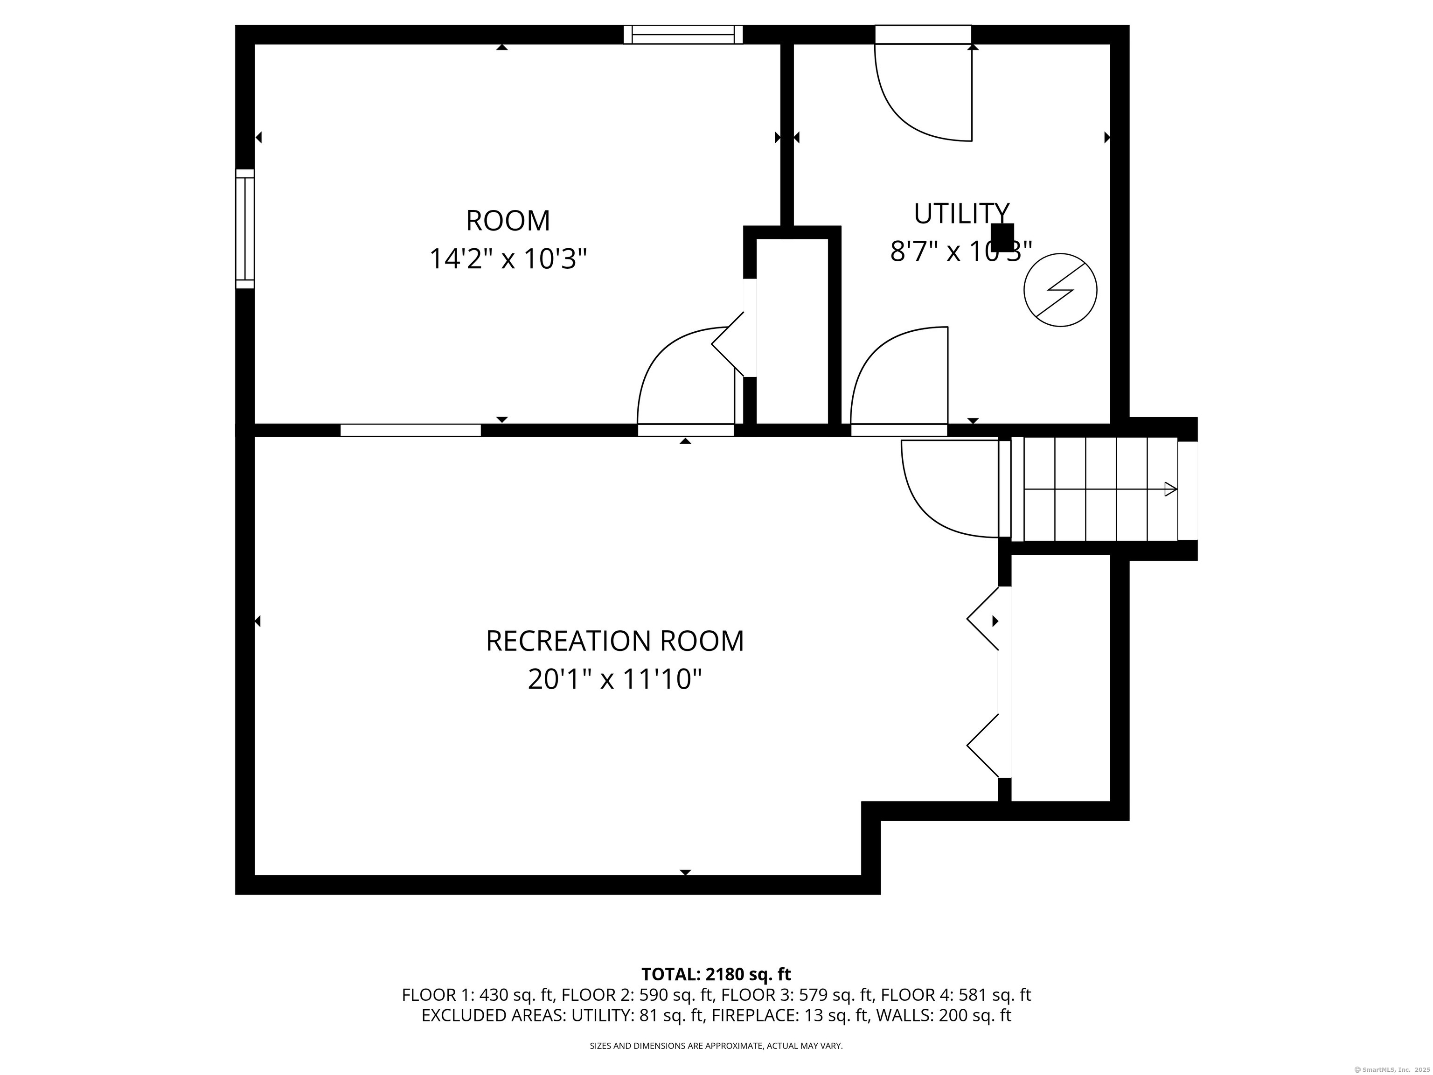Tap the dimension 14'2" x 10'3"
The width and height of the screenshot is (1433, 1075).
[x=508, y=259]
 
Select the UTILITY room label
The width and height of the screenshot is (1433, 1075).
[x=961, y=213]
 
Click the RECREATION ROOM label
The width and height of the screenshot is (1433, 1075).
[x=615, y=641]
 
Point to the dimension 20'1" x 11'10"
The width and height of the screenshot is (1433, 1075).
[x=615, y=680]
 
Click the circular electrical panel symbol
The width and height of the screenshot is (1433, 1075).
[x=1060, y=290]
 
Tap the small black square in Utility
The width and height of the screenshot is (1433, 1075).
[x=1003, y=237]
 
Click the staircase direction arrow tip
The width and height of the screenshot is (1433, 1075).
[x=1176, y=489]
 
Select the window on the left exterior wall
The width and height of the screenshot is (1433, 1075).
[x=245, y=228]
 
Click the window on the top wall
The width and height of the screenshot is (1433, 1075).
[x=683, y=35]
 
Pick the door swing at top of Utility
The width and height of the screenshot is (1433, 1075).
[x=923, y=91]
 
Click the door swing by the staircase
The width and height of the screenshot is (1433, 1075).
[x=950, y=489]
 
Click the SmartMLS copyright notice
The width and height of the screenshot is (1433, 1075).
[x=1391, y=1069]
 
